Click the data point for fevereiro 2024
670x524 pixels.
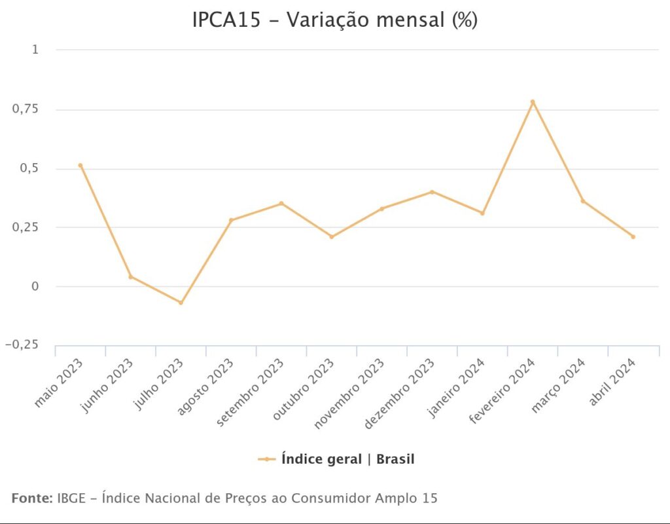pos(533,102)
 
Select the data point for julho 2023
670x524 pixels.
pos(181,303)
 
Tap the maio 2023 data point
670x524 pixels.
pos(80,165)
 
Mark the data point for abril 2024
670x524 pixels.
pos(633,236)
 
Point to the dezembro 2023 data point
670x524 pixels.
pos(432,192)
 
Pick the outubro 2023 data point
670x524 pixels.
pos(332,236)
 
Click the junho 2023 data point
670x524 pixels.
pos(131,276)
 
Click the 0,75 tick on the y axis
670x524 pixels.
pos(26,109)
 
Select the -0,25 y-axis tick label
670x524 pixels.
pos(22,345)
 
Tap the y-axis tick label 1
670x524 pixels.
pos(35,50)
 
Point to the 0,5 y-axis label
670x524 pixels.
pos(29,168)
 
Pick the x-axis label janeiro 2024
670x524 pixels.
pos(457,386)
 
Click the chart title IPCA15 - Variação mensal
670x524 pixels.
pos(334,20)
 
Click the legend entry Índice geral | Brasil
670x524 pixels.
pos(347,459)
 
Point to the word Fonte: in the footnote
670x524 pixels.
pos(32,498)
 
